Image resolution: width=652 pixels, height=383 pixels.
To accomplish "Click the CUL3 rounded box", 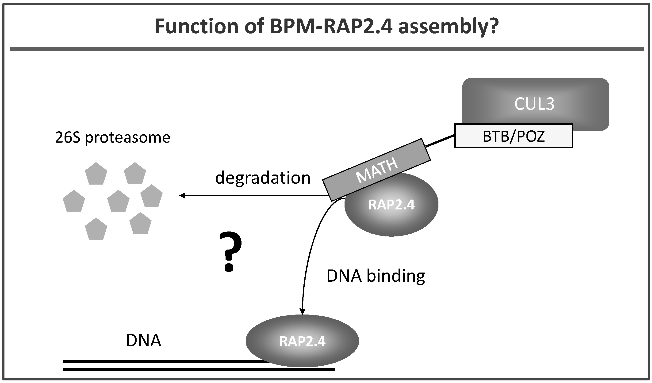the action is pos(536,104).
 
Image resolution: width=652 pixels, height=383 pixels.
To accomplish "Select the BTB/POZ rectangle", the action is pos(514,136).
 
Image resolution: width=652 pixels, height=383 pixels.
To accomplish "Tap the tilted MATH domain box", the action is pos(376,170).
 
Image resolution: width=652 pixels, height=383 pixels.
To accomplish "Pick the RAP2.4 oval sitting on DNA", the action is pos(302,341).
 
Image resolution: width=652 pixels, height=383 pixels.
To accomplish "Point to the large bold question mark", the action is pos(230,252).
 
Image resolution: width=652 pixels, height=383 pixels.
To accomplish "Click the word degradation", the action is pos(263,178).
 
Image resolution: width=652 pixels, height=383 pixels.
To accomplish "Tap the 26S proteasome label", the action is pos(113,137).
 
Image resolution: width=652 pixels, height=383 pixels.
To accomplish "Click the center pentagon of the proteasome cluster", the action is pos(118,201).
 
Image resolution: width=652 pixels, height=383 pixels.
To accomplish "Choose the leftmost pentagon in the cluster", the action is pos(74,201).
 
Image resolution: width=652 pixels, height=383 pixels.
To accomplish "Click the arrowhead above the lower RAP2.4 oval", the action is pos(303,311).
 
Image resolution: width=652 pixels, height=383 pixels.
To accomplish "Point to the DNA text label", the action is pos(144,340).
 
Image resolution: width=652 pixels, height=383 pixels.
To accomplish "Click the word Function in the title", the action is pos(197,26).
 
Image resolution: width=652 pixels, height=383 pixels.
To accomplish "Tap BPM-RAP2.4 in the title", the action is pos(332,26).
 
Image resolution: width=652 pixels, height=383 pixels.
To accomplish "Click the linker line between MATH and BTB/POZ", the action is pos(440,141).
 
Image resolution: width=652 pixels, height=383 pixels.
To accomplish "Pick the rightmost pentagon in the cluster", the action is pos(151,196).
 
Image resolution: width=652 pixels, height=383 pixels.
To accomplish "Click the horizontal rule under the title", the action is pos(327,49).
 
